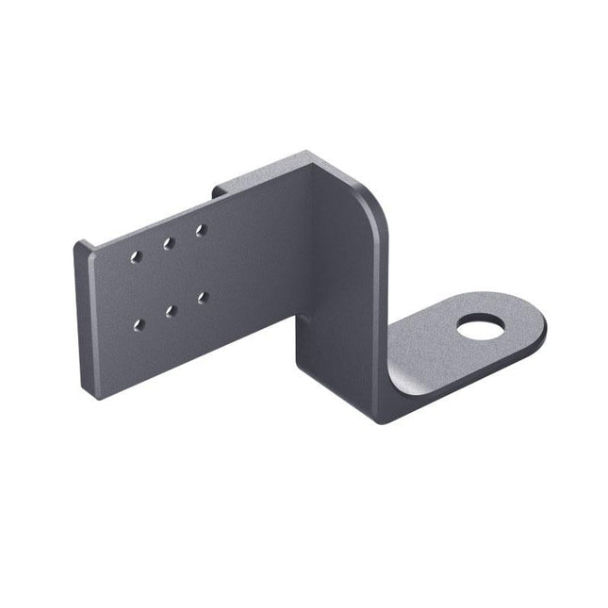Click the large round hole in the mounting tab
coord(480,331)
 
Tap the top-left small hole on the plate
coord(138,255)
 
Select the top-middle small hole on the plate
coord(169,242)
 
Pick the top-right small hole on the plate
coord(200,228)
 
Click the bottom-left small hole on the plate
coord(139,324)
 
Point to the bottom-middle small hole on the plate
coord(171,309)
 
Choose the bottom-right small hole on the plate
coord(202,296)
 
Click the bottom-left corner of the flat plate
coord(97,397)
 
